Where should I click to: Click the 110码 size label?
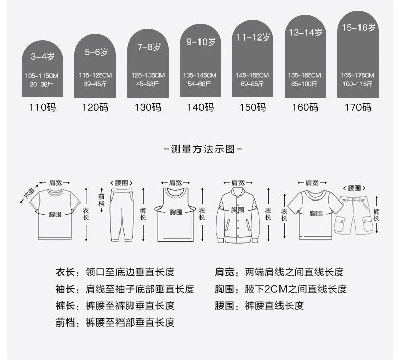click(x=43, y=107)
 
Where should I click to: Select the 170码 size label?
click(x=357, y=107)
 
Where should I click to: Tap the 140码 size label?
click(x=200, y=107)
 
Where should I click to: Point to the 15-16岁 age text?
click(x=358, y=28)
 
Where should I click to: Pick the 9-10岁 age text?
click(x=201, y=43)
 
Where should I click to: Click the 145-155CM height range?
click(x=252, y=75)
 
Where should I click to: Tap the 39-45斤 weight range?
click(x=95, y=83)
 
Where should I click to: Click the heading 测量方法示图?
click(x=200, y=149)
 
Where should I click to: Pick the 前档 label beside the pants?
click(x=101, y=201)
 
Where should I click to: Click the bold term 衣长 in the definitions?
click(x=65, y=272)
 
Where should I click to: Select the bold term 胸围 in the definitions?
click(x=224, y=289)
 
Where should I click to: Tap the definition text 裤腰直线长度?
click(x=274, y=306)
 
